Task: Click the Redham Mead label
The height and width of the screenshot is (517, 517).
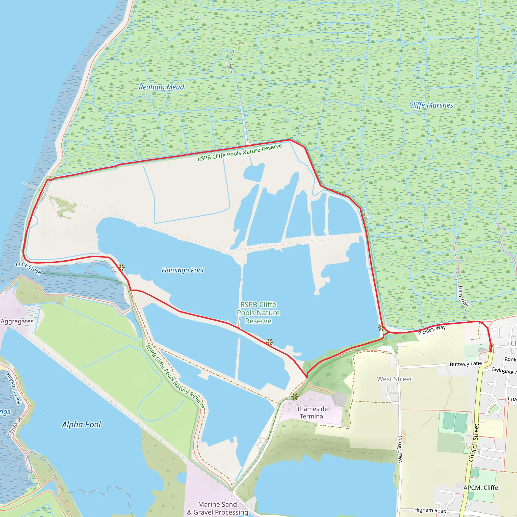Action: (161, 87)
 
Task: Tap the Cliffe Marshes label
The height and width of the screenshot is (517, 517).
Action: (431, 105)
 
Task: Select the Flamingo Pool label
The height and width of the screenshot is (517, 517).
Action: (183, 270)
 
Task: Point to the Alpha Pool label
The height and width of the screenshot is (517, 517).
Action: (81, 424)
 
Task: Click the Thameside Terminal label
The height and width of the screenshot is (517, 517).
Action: (312, 412)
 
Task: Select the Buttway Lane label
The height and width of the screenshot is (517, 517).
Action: (466, 364)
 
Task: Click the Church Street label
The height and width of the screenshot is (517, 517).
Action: (474, 443)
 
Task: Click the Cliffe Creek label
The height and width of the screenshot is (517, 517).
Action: (28, 268)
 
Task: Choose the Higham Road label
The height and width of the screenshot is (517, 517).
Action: (430, 510)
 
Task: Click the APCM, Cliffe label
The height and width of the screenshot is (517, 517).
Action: (481, 487)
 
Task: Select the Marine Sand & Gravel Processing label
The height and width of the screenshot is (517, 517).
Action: (218, 508)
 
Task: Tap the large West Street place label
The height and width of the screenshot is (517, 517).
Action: (395, 379)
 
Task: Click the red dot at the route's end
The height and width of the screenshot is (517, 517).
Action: (491, 351)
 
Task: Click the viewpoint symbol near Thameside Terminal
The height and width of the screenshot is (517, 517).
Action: (295, 397)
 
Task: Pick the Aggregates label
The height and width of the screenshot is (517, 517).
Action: (17, 321)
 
